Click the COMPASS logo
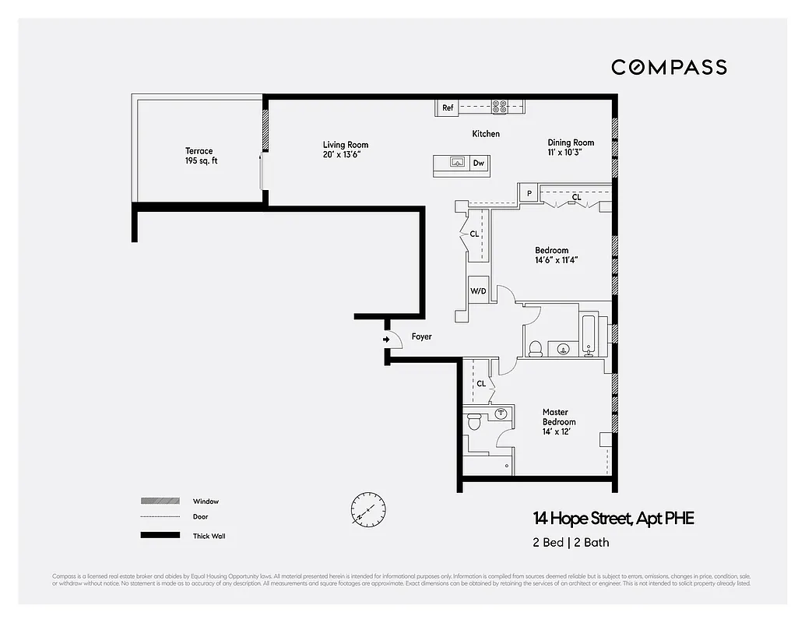point(669,68)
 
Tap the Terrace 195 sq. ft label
point(199,156)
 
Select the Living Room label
point(346,149)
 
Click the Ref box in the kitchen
point(448,108)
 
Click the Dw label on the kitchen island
point(480,164)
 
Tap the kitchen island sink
point(457,163)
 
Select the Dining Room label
point(571,147)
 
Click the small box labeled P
point(529,193)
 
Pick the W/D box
point(478,291)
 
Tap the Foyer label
point(421,337)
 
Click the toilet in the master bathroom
point(473,423)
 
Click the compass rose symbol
point(367,507)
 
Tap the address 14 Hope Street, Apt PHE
point(613,519)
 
